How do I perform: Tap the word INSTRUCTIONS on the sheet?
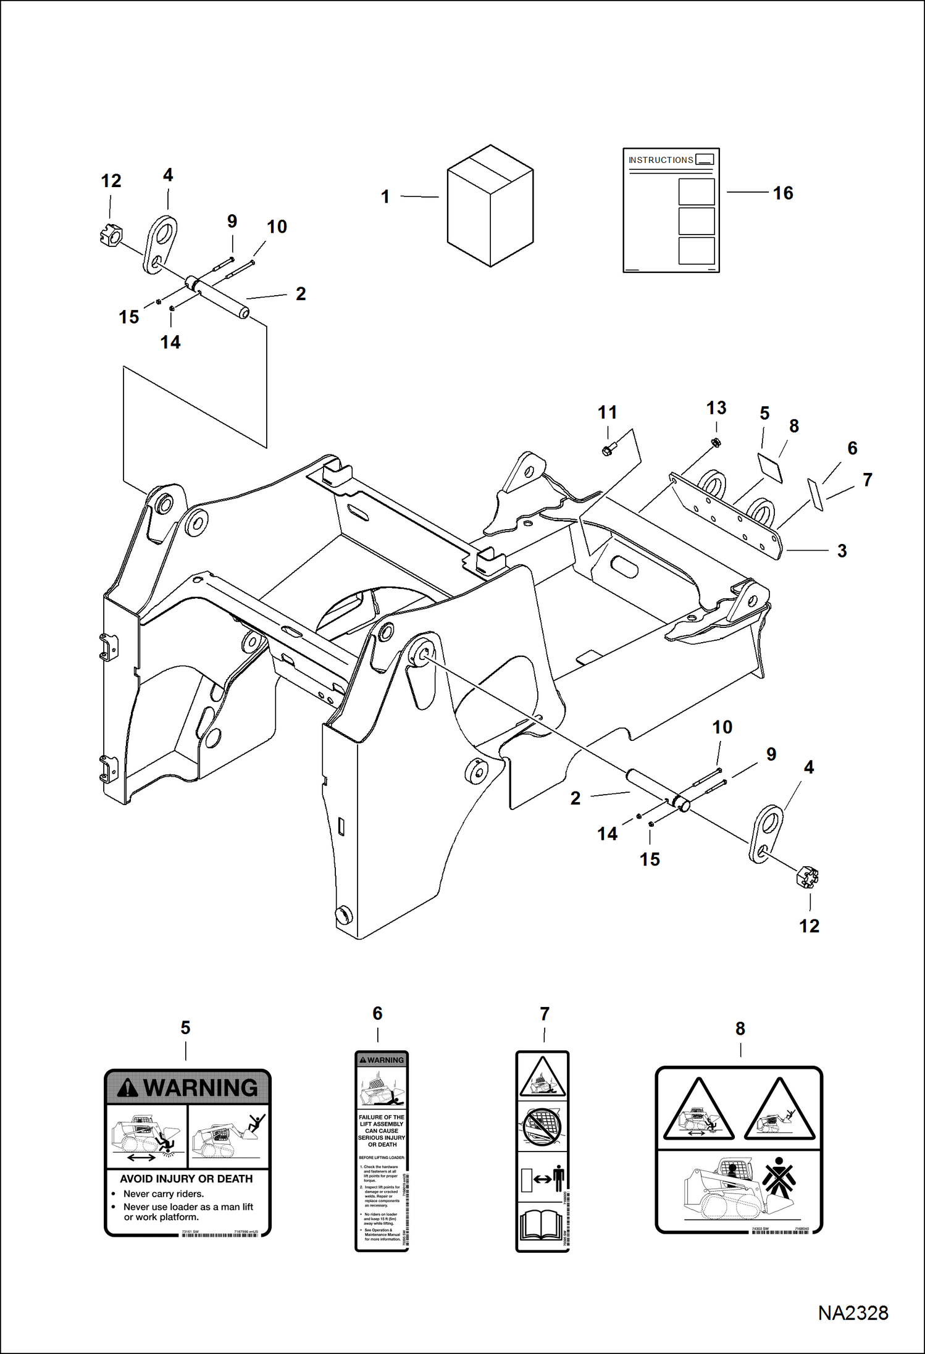(660, 160)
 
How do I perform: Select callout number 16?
(782, 193)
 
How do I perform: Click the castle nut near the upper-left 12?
(111, 235)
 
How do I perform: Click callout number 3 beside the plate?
(842, 551)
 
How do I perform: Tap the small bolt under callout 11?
(608, 450)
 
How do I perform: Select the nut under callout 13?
(716, 443)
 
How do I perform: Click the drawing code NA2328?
(853, 1313)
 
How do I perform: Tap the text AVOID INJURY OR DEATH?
(186, 1179)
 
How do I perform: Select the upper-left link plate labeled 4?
(160, 244)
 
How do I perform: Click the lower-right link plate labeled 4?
(766, 834)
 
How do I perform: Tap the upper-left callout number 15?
(129, 317)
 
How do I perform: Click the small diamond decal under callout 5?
(770, 467)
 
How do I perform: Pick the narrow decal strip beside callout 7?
(816, 494)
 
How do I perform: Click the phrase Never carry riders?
(163, 1194)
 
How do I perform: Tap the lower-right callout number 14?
(607, 834)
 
